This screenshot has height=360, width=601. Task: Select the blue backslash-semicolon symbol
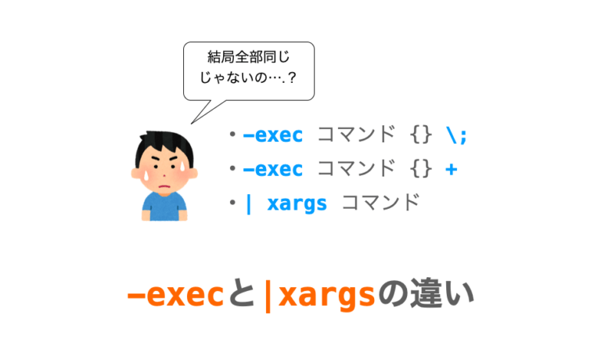click(x=455, y=135)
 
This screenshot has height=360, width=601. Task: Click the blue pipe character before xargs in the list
click(x=249, y=204)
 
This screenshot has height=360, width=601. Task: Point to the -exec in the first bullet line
click(x=272, y=135)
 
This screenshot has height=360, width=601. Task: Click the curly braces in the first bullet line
click(x=420, y=135)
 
